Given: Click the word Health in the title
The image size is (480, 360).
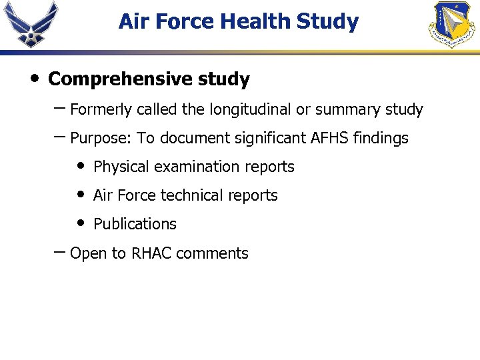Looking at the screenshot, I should pos(256,22).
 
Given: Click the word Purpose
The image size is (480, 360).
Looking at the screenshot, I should pos(100,139).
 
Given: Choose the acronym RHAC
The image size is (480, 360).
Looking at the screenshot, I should pos(152,253).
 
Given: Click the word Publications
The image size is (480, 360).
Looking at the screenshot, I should pos(135,224).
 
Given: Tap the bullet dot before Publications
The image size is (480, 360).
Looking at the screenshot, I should pos(81,223).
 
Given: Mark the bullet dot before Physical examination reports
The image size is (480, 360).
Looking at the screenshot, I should pos(81,165).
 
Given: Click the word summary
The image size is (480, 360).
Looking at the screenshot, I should pos(348,109).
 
